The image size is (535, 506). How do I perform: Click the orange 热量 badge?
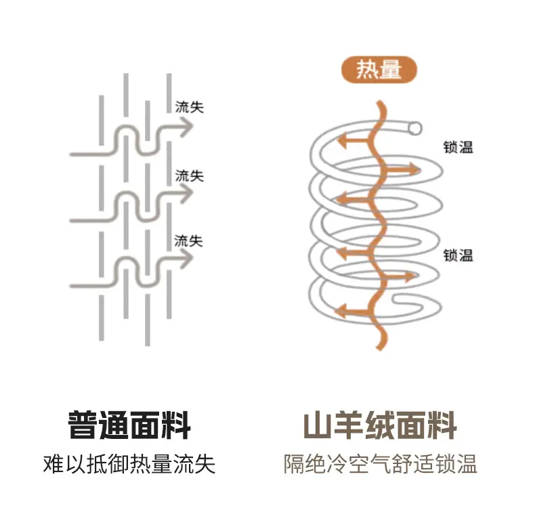coord(379,70)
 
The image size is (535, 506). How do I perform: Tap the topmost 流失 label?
coord(190,108)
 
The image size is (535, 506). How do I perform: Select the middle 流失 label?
coord(190,176)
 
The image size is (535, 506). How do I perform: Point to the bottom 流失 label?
coord(188,241)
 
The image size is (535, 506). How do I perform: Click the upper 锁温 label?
coord(458,148)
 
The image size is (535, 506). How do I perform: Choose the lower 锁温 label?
coord(458,255)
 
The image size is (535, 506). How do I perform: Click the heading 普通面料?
coord(129,425)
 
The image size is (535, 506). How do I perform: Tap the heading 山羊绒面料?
coord(380,425)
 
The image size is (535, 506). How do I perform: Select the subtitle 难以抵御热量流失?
coord(129,464)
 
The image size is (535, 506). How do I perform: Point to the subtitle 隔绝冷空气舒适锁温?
coord(381,464)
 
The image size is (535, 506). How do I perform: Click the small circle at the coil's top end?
coord(415,129)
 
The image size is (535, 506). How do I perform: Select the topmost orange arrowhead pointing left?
coord(342,140)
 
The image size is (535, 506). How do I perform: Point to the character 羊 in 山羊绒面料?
coord(349,425)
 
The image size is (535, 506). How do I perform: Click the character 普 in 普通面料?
coord(83,425)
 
